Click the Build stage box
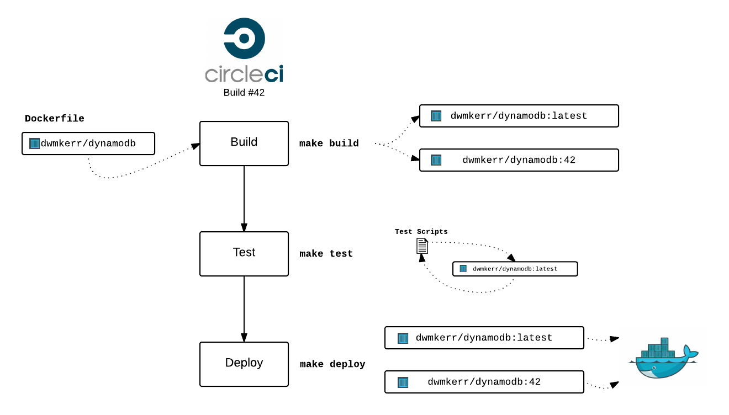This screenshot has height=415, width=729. (x=244, y=143)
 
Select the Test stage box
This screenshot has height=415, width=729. (x=244, y=253)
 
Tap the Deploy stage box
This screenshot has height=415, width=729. (x=244, y=364)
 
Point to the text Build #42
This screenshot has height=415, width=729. (x=244, y=93)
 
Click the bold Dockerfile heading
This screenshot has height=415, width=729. (x=55, y=119)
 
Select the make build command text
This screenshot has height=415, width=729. (x=329, y=143)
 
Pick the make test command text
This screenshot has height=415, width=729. (x=326, y=254)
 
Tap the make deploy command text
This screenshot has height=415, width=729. (x=332, y=364)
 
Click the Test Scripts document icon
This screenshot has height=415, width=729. (x=422, y=246)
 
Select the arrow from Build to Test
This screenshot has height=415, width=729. (x=244, y=199)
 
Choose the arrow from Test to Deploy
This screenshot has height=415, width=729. (x=244, y=309)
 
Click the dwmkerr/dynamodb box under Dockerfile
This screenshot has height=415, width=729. (x=88, y=143)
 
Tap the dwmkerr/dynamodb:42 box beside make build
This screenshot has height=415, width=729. (x=519, y=160)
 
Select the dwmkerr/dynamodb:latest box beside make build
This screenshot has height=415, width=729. (x=519, y=116)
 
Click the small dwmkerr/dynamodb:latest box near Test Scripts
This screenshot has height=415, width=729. (x=515, y=269)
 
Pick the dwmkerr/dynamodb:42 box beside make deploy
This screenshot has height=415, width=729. (x=484, y=382)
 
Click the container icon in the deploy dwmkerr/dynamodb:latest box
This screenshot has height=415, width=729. (x=403, y=338)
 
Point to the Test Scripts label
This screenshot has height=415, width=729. (x=421, y=232)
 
